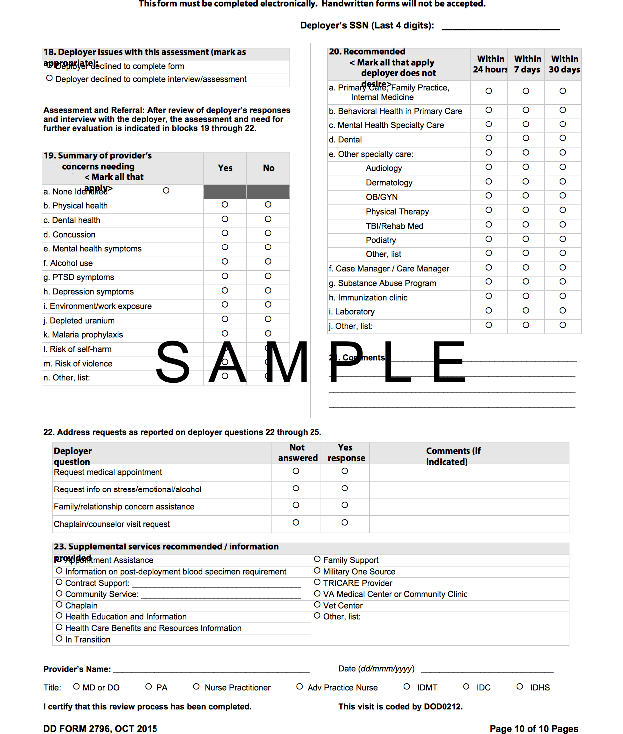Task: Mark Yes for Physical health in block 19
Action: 225,205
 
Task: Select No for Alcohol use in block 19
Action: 268,262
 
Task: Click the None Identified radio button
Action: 166,191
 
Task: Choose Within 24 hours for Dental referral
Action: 489,138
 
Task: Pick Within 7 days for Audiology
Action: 526,167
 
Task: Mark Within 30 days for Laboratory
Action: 563,311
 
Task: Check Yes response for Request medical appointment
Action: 345,471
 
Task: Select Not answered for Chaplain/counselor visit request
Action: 296,523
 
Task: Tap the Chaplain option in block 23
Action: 59,605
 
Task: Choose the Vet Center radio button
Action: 317,605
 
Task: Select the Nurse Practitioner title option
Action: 196,687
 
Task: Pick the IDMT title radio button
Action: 407,687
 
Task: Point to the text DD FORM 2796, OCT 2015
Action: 100,729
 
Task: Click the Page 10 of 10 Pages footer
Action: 534,729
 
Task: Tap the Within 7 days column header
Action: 527,64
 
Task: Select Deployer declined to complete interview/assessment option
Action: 50,78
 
